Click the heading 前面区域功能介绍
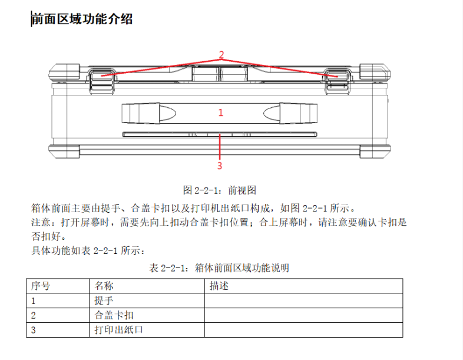pyautogui.click(x=82, y=19)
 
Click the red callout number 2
pyautogui.click(x=221, y=54)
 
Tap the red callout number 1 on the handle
pyautogui.click(x=220, y=113)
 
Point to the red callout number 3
pyautogui.click(x=219, y=166)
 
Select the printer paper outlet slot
pyautogui.click(x=220, y=134)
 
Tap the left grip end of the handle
pyautogui.click(x=149, y=113)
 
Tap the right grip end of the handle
pyautogui.click(x=290, y=113)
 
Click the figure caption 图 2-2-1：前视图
pyautogui.click(x=219, y=190)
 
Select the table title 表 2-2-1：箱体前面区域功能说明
pyautogui.click(x=219, y=268)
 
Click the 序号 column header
pyautogui.click(x=41, y=286)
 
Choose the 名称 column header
pyautogui.click(x=104, y=286)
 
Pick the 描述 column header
pyautogui.click(x=219, y=286)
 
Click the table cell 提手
pyautogui.click(x=104, y=300)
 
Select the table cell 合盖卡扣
pyautogui.click(x=114, y=315)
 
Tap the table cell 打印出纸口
pyautogui.click(x=119, y=330)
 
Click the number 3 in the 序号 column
pyautogui.click(x=34, y=330)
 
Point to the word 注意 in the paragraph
pyautogui.click(x=41, y=222)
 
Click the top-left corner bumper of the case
pyautogui.click(x=64, y=72)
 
